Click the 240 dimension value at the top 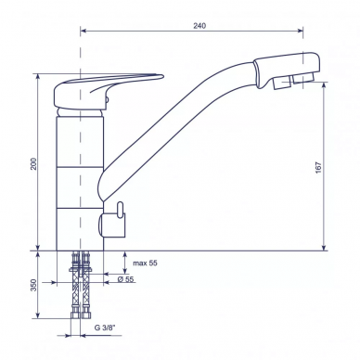coord(199,26)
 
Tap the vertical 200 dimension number coord(33,163)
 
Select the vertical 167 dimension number coord(318,167)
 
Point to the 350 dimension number coord(33,285)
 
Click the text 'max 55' coord(145,263)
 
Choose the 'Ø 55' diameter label coord(125,279)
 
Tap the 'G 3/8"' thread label coord(104,328)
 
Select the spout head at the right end coord(287,71)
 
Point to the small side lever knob coord(120,210)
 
